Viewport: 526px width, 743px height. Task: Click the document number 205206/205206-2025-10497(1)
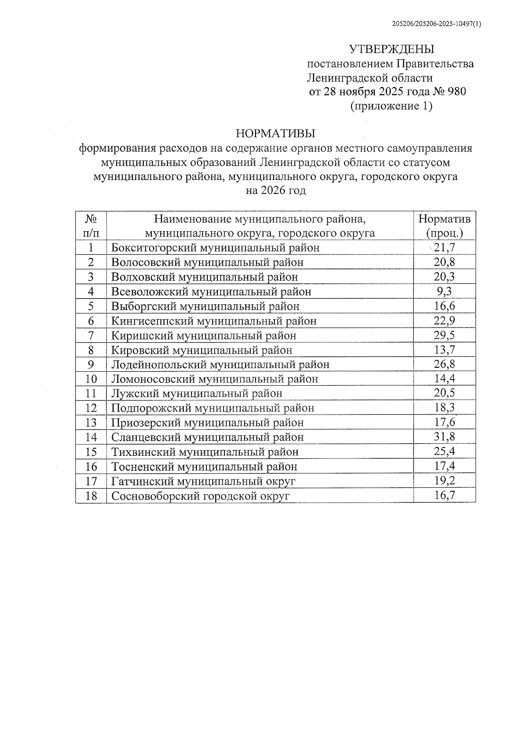click(436, 25)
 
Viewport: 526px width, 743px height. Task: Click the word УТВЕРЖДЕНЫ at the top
click(391, 49)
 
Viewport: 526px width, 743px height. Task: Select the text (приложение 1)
click(391, 106)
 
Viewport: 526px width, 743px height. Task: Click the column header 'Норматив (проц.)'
click(444, 225)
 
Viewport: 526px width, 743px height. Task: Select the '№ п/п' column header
click(91, 225)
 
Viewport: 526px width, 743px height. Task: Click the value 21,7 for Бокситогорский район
click(444, 248)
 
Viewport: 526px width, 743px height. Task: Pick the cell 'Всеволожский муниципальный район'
click(211, 292)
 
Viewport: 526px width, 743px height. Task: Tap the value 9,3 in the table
click(444, 292)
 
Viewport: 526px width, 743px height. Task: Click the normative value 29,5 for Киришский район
click(444, 335)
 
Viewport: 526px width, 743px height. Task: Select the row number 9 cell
click(91, 364)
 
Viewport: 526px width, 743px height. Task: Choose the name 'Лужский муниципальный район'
click(197, 394)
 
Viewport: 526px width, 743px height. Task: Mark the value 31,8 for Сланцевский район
click(444, 437)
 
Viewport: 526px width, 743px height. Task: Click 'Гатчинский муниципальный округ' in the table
click(203, 481)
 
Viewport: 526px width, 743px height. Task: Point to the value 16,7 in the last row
click(444, 496)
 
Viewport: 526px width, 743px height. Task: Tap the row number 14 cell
click(91, 437)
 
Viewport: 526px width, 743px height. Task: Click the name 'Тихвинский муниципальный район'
click(205, 452)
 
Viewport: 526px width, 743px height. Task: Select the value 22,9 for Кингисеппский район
click(444, 321)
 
